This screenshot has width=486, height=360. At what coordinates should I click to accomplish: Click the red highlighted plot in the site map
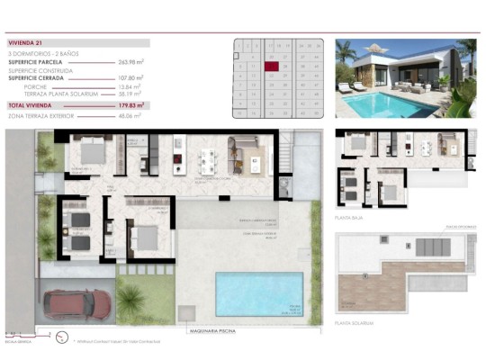pos(283,66)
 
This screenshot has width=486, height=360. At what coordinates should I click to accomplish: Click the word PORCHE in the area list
pos(40,86)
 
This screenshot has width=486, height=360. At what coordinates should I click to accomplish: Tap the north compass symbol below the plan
pos(60,338)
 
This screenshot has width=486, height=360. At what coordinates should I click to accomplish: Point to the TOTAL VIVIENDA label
pos(31,105)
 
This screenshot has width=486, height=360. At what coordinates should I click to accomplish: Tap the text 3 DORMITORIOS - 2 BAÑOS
pos(45,53)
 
